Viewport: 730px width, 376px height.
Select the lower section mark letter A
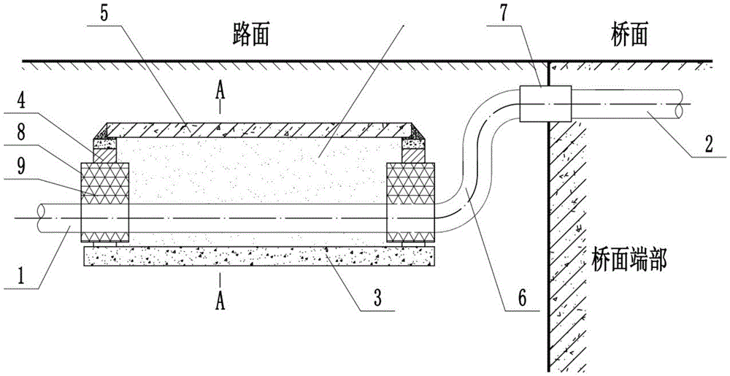220,280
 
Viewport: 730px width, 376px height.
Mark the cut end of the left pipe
41,218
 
